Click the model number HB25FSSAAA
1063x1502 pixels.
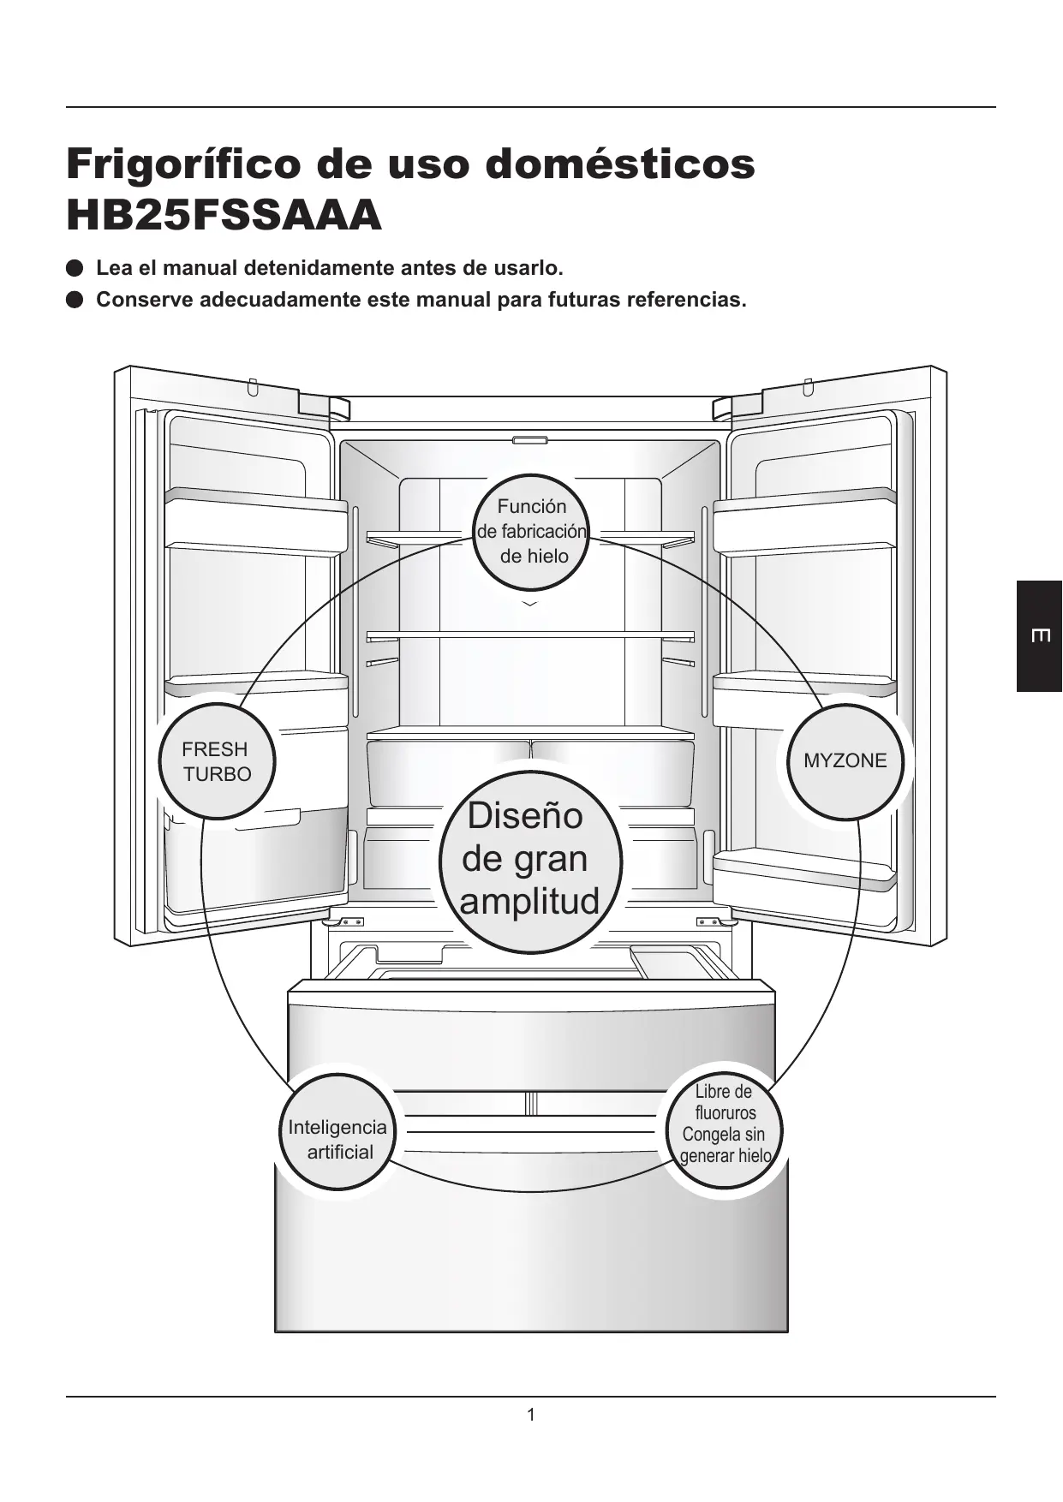(x=224, y=215)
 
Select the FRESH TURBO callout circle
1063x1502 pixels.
(x=217, y=761)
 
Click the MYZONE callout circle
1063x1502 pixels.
(x=845, y=760)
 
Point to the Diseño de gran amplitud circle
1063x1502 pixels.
(x=530, y=860)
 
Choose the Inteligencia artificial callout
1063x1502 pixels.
(x=337, y=1132)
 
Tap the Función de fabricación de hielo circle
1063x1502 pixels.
(x=532, y=532)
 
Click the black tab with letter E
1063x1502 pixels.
(x=1039, y=635)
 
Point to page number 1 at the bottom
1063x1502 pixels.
(x=531, y=1415)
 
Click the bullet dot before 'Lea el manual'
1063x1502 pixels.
(x=75, y=268)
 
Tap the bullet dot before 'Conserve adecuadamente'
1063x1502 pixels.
(x=75, y=300)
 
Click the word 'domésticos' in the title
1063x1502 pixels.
(x=620, y=164)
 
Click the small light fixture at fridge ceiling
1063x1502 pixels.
(x=530, y=441)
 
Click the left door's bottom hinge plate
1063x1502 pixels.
(x=348, y=922)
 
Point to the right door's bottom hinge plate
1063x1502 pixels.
(x=713, y=922)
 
